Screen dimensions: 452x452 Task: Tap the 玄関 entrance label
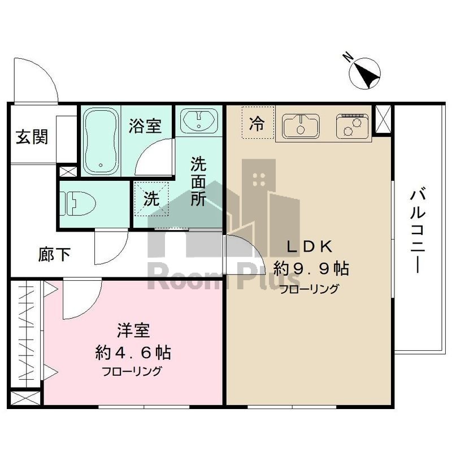[x=31, y=137]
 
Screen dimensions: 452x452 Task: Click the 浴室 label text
[x=145, y=125]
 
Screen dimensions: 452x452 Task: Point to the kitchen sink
[x=300, y=125]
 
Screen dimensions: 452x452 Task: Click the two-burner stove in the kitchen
[x=352, y=126]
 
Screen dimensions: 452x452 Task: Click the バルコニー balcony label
[x=418, y=232]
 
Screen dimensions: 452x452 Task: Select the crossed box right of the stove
[x=383, y=120]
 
